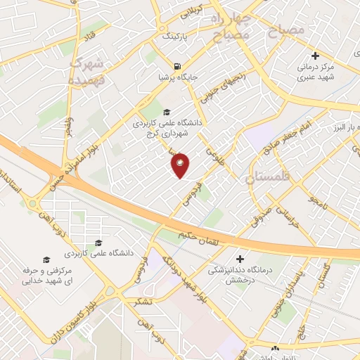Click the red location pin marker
click(x=181, y=165)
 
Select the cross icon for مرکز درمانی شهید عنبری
click(x=316, y=56)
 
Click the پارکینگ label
click(x=175, y=34)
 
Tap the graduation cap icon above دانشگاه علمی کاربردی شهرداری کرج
click(x=167, y=112)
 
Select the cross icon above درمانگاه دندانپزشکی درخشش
click(x=241, y=258)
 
